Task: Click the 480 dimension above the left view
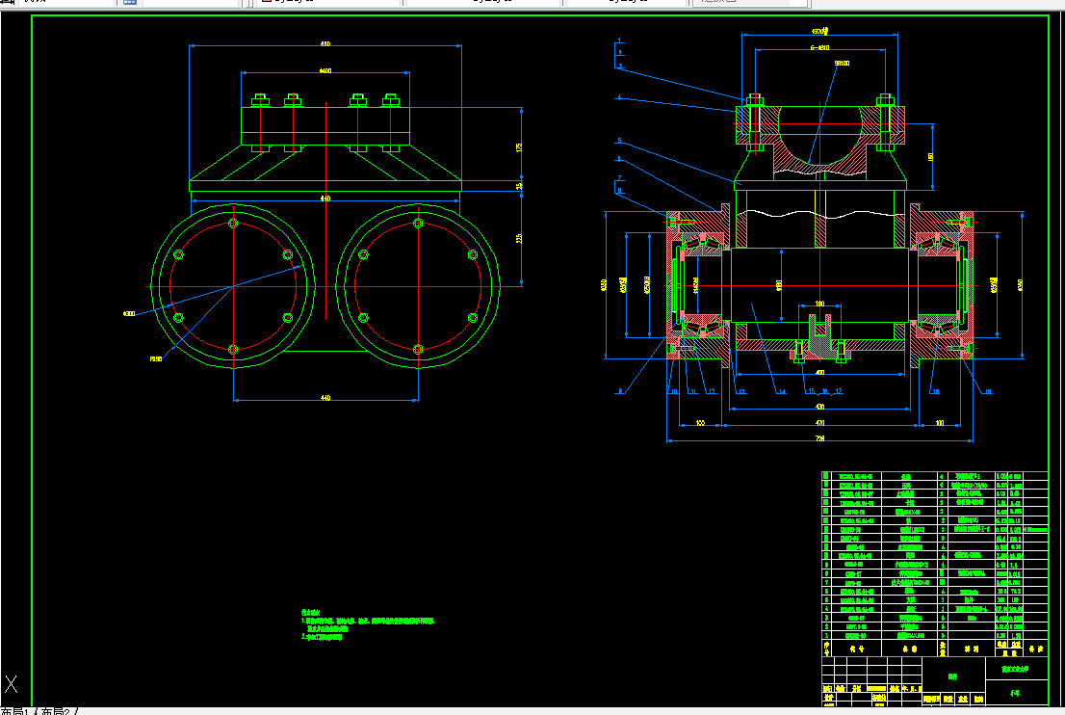pos(325,43)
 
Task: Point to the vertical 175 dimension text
pos(519,147)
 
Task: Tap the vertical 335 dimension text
pos(519,238)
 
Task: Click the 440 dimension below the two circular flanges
pos(325,397)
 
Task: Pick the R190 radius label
pos(155,358)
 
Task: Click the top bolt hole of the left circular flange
pos(234,224)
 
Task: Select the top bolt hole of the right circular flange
pos(418,224)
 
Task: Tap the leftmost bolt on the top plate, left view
pos(260,99)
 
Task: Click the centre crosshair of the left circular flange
pos(234,286)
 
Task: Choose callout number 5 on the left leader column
pos(620,141)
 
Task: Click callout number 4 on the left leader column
pos(620,97)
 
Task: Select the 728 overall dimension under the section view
pos(820,438)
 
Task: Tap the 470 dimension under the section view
pos(820,422)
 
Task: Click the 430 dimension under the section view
pos(820,406)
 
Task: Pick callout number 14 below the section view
pos(782,392)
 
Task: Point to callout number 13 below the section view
pos(741,392)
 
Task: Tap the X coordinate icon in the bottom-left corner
pos(12,685)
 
